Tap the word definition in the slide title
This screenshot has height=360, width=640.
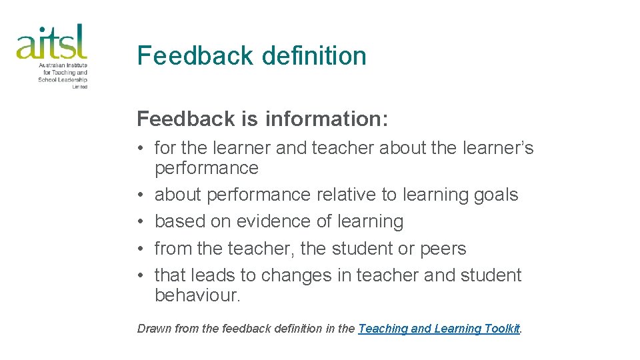point(314,55)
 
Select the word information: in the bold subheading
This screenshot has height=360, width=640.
point(327,119)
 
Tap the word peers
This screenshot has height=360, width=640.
point(443,249)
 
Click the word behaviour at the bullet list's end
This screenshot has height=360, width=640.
point(197,295)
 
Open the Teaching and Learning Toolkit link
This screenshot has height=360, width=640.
point(439,329)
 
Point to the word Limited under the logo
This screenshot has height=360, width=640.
point(81,87)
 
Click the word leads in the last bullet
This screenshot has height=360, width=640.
point(213,275)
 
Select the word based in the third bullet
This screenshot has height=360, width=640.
point(177,221)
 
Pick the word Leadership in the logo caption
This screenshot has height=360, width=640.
point(73,79)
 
